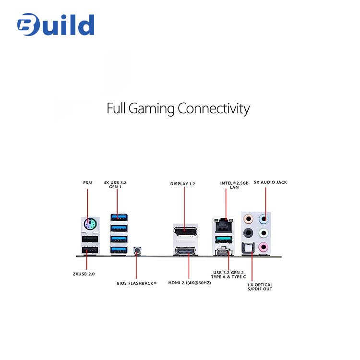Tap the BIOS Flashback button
(137, 250)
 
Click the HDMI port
(185, 252)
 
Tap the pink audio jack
(263, 247)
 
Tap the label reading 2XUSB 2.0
(84, 274)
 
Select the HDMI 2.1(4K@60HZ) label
(190, 283)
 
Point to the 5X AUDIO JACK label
(270, 182)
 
